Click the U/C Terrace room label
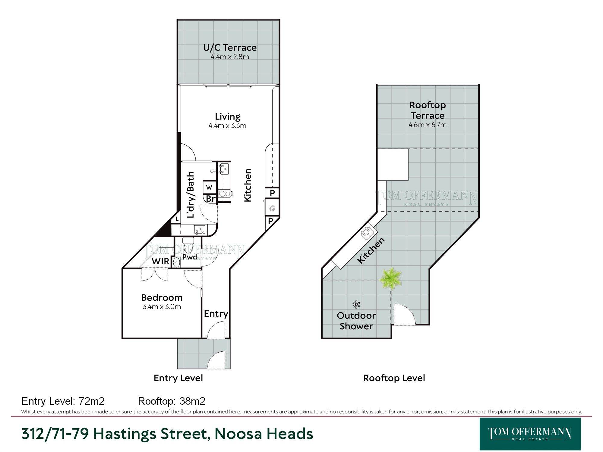point(230,48)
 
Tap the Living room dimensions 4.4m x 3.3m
point(227,126)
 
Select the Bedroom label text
point(162,298)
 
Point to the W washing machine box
point(209,187)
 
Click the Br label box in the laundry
point(210,199)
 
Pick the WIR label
point(160,261)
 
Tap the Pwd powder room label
point(190,257)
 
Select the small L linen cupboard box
point(177,219)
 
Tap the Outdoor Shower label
point(356,321)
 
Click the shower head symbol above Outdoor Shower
point(356,304)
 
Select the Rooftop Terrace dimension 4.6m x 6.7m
point(428,125)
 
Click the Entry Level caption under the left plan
point(178,378)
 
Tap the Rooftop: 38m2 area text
point(172,401)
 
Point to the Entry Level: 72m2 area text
point(63,401)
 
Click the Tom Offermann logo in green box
point(530,434)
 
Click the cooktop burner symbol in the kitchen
point(272,208)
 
